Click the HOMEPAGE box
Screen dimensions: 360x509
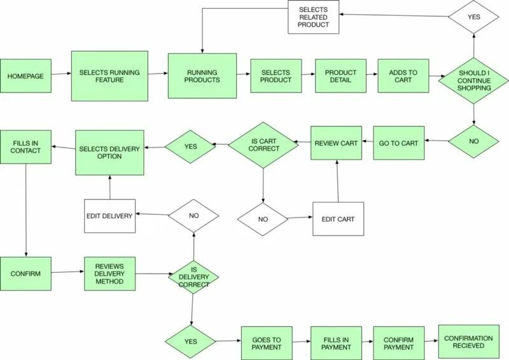coord(25,76)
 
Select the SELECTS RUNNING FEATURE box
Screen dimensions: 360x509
coord(109,76)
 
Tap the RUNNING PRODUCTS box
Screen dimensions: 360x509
coord(202,76)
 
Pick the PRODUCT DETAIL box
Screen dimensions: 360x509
coord(340,76)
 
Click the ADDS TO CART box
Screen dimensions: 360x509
coord(403,76)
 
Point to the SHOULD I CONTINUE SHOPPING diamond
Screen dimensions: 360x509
coord(474,80)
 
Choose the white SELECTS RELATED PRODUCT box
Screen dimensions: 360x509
coord(314,17)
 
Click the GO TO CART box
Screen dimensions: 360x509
coord(398,143)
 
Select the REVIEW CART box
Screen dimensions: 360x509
coord(336,143)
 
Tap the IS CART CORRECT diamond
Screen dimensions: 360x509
coord(263,146)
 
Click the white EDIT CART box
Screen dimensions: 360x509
coord(338,219)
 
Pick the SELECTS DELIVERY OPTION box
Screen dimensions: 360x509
coord(109,153)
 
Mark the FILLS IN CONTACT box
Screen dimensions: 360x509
coord(25,147)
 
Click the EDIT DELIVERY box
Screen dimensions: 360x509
coord(109,216)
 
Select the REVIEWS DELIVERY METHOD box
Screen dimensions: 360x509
coord(109,273)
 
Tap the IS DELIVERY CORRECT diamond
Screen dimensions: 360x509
coord(193,277)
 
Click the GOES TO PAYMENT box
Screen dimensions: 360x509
coord(266,343)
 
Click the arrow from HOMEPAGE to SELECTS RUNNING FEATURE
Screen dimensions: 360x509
coord(61,75)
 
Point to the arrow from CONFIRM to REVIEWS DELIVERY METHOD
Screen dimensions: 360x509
coord(68,273)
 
